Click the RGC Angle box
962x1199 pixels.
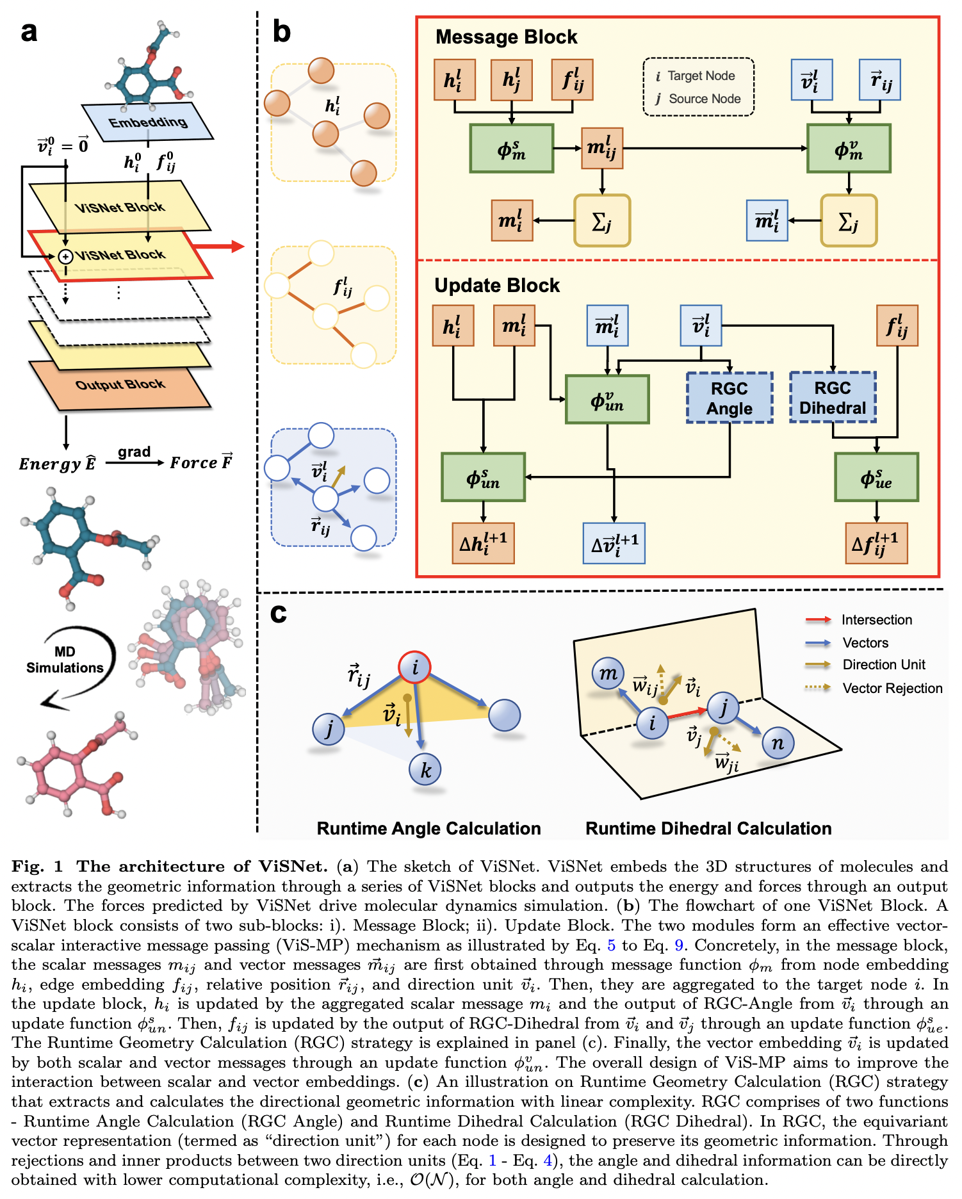point(730,398)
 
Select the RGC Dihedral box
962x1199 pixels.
point(833,397)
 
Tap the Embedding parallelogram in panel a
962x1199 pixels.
point(148,122)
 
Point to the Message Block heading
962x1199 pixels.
point(506,37)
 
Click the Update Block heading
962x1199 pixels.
point(497,286)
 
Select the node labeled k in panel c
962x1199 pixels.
point(426,770)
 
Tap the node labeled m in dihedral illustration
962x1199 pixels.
point(608,673)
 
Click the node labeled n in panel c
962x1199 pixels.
point(778,743)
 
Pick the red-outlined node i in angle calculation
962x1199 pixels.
point(415,667)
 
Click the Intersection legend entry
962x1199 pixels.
point(876,619)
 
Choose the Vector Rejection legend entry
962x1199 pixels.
point(892,689)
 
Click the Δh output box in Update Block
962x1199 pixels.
point(483,543)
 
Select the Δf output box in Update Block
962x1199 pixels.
point(876,543)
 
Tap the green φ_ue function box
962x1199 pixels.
point(876,478)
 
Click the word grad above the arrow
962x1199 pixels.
point(134,452)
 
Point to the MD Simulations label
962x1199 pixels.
point(65,660)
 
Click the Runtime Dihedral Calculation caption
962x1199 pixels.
point(708,828)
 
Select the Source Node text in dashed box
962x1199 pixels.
point(704,99)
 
